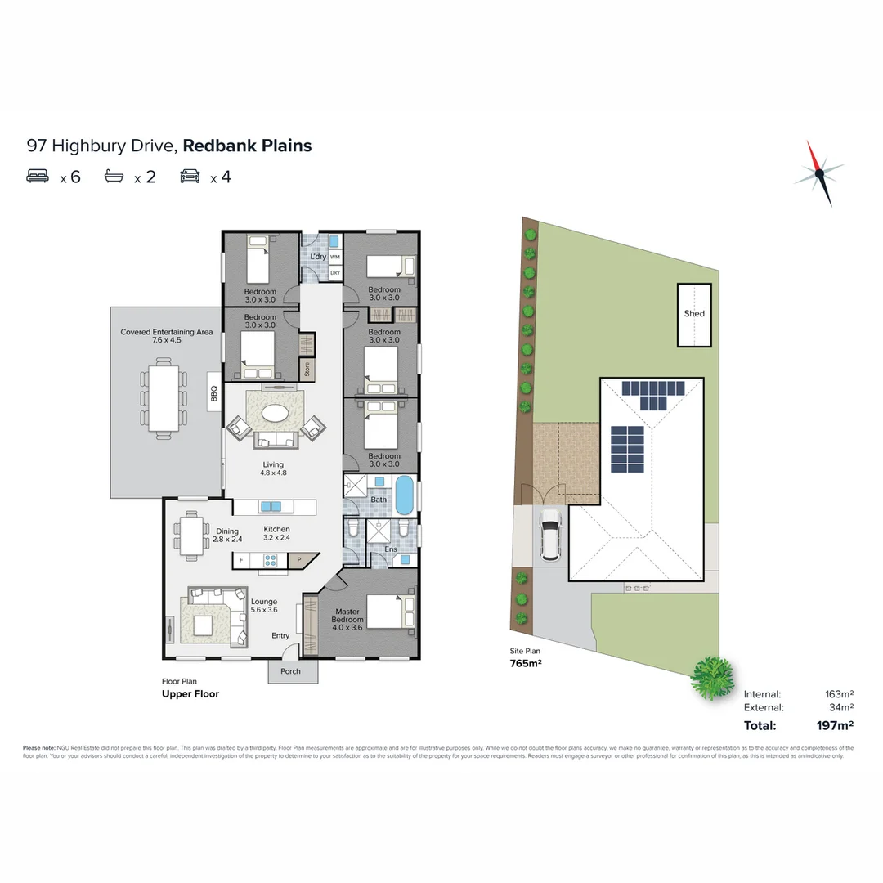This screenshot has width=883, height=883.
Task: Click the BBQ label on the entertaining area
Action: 213,394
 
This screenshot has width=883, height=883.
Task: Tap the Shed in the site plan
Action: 694,315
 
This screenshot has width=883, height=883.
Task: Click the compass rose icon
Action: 819,173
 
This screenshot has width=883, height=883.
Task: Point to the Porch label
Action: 290,671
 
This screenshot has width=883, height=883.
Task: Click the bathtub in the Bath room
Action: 405,495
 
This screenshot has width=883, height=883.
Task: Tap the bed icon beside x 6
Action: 38,177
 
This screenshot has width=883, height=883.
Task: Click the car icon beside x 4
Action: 190,177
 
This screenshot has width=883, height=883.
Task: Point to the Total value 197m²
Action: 834,725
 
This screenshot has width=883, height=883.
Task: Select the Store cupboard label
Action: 307,369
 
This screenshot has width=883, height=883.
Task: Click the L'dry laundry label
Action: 318,257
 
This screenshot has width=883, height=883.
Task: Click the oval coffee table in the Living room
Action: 274,413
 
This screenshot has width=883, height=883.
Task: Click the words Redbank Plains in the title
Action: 247,146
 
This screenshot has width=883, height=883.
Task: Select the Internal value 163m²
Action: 840,694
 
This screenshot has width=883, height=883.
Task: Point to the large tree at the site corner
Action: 713,676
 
